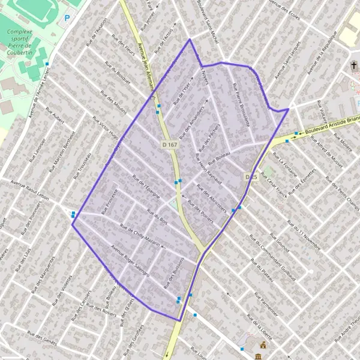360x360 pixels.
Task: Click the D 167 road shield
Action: [170, 145]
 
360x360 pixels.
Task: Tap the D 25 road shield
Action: [251, 176]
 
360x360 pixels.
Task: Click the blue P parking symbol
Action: [67, 19]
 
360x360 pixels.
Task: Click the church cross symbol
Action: [354, 65]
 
